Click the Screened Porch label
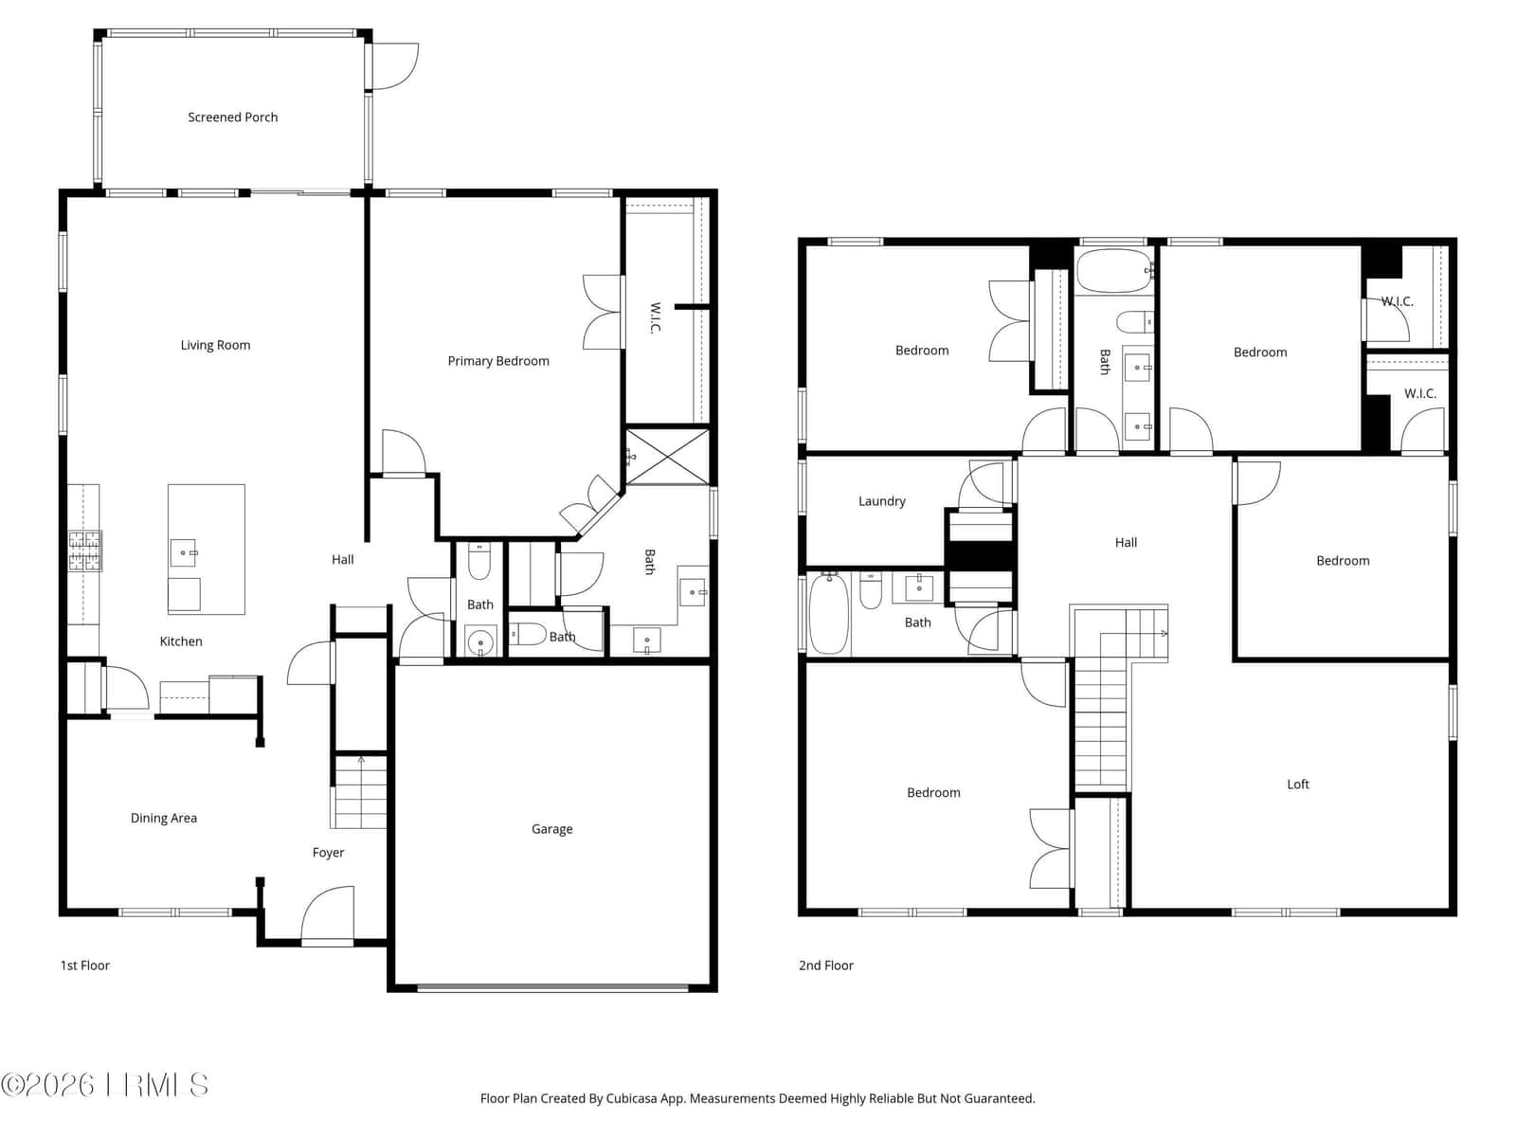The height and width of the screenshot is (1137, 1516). tap(233, 117)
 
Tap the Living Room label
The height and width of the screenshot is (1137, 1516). tap(215, 345)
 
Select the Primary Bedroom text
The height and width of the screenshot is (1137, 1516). tap(498, 361)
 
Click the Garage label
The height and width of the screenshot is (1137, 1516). tap(551, 829)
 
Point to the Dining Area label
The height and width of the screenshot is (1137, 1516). tap(164, 818)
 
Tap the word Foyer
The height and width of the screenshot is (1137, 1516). tap(328, 853)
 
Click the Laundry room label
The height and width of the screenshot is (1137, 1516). tap(882, 501)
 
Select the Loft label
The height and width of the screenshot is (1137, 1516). tap(1298, 785)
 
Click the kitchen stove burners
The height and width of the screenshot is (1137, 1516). tap(85, 550)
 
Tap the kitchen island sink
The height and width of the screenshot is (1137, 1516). tap(185, 553)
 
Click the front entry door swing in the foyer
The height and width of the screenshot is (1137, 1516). tap(328, 913)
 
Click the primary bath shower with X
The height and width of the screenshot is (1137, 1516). tap(667, 457)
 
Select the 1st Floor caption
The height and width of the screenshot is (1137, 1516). tap(85, 966)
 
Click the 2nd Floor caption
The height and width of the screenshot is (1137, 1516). tap(826, 966)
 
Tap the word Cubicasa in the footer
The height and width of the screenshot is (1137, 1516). tap(632, 1098)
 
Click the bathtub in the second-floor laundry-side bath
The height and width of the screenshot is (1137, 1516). tap(829, 614)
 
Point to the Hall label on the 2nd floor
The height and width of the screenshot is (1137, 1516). tap(1126, 543)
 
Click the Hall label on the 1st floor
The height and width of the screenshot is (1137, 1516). tap(343, 560)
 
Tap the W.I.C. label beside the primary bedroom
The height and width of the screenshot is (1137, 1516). tap(656, 317)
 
